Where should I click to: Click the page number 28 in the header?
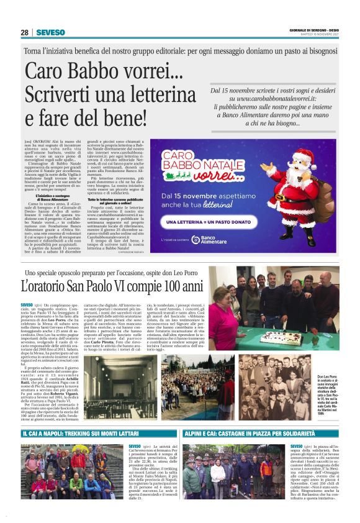pos(24,32)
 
